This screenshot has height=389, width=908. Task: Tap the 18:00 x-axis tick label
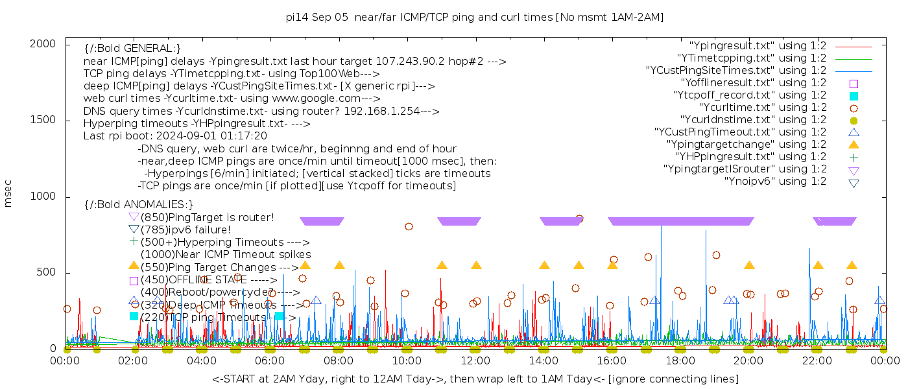(680, 360)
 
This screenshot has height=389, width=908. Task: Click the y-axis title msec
(8, 196)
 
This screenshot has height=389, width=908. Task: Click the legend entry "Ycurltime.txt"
(763, 107)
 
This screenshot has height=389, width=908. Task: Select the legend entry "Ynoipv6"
(775, 181)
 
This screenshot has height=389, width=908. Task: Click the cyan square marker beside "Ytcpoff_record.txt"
(854, 95)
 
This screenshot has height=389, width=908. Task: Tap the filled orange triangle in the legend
(854, 144)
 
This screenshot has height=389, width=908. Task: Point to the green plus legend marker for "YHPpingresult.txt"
(854, 156)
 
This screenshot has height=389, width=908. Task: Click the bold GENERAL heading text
(132, 49)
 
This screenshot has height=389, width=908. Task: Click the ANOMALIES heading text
(139, 205)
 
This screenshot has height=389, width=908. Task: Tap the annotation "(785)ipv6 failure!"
(185, 230)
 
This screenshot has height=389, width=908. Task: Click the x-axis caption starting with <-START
(475, 379)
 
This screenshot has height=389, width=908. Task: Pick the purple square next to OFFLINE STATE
(134, 281)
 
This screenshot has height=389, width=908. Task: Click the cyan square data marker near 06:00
(279, 316)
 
